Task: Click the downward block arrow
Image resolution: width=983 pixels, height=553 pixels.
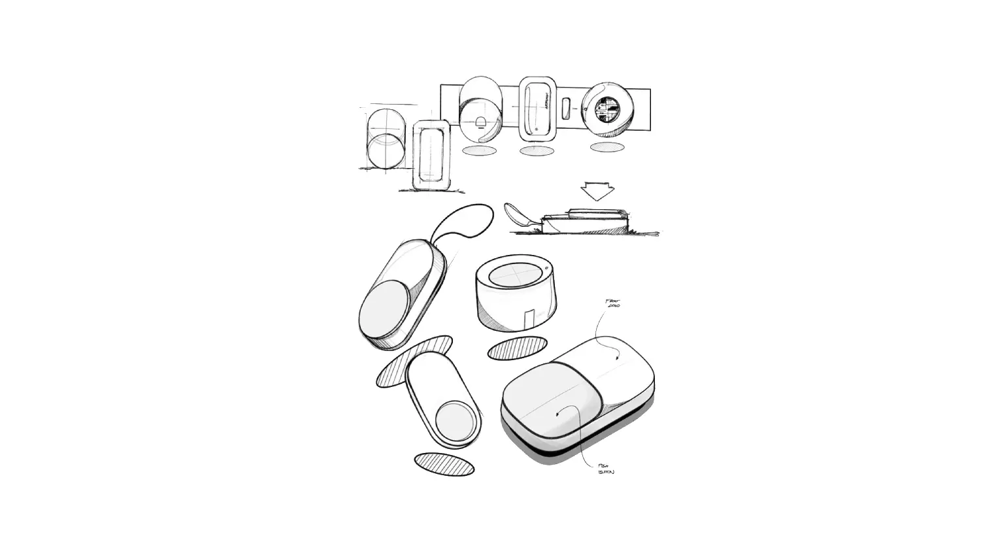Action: coord(597,191)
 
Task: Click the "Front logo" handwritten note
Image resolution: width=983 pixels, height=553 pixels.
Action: coord(612,303)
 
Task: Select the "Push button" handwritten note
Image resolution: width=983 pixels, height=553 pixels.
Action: coord(605,469)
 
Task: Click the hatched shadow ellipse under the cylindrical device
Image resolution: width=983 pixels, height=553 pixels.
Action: coord(518,348)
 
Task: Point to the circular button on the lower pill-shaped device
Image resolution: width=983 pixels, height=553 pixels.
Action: coord(450,419)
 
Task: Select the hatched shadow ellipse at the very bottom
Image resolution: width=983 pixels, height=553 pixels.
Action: coord(444,463)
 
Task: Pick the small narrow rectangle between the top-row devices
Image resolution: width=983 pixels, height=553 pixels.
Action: coord(567,108)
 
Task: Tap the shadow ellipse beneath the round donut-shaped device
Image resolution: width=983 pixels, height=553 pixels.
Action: coord(607,148)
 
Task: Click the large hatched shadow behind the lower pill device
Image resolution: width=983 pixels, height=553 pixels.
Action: coord(413,361)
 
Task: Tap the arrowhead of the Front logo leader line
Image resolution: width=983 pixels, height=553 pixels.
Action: coord(618,358)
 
